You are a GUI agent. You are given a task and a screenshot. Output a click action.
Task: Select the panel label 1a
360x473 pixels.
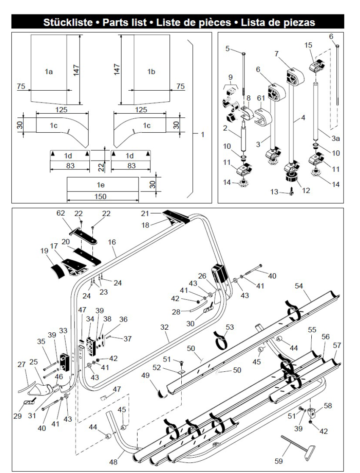(x=49, y=72)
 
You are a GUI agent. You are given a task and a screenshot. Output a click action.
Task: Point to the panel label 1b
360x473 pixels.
(x=151, y=72)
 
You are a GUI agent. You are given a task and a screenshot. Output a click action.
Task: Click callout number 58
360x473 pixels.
(x=328, y=406)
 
